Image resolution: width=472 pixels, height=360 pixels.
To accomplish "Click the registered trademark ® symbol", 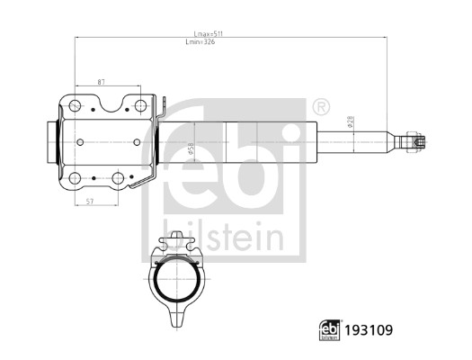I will click(x=320, y=107).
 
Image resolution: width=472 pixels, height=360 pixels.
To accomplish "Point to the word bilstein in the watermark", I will click(x=223, y=237).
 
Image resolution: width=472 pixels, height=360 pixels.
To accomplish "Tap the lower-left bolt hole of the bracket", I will click(x=76, y=177).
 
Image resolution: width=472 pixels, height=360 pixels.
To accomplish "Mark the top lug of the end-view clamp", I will click(x=177, y=242).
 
